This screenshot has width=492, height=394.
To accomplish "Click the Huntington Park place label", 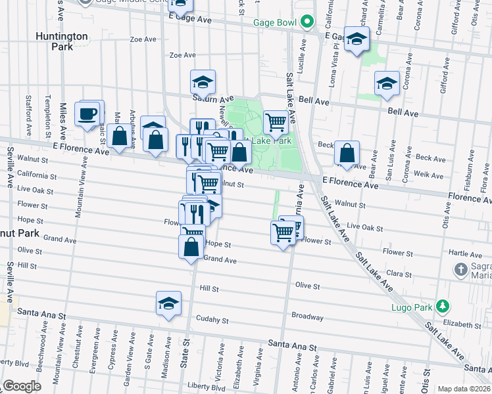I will (x=63, y=41).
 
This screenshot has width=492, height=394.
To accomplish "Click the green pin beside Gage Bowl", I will (x=307, y=22).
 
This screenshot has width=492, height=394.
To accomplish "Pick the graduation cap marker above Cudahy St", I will (x=168, y=303).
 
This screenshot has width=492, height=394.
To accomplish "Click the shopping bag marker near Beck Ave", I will (x=347, y=153).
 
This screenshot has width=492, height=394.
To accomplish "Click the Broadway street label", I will (x=307, y=316).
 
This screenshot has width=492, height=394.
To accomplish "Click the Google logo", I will (x=22, y=386).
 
